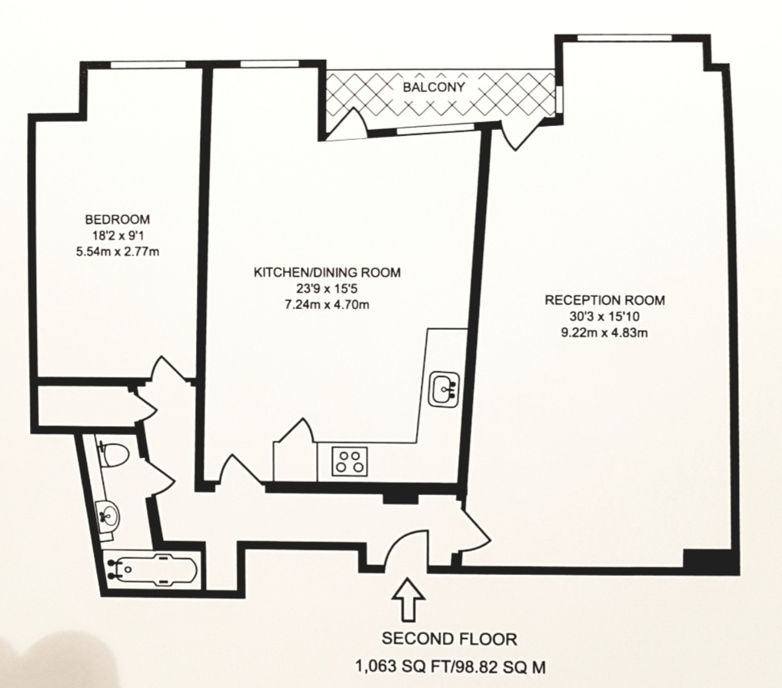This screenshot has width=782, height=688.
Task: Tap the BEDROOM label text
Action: pyautogui.click(x=117, y=218)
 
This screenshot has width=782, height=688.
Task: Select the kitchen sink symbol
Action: pyautogui.click(x=445, y=387)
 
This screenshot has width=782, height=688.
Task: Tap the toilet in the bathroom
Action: pyautogui.click(x=112, y=457)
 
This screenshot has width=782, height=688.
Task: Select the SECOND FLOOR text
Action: pyautogui.click(x=450, y=638)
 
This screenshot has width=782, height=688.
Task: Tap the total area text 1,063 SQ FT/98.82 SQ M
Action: pyautogui.click(x=450, y=666)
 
